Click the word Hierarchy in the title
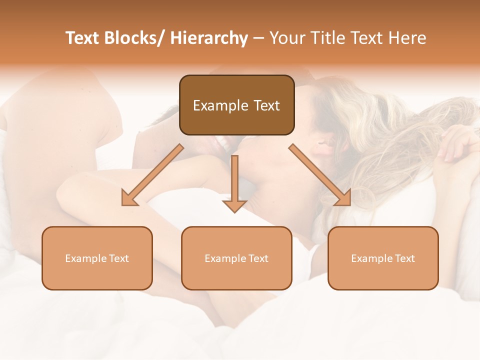click(x=209, y=38)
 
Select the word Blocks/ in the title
click(x=134, y=38)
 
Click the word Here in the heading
click(x=408, y=38)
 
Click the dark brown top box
click(x=236, y=105)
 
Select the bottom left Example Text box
click(x=97, y=258)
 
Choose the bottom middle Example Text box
click(x=236, y=258)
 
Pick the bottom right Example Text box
click(x=383, y=258)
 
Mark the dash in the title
click(x=258, y=38)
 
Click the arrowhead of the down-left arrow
click(x=129, y=197)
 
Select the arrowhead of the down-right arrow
click(x=343, y=197)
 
